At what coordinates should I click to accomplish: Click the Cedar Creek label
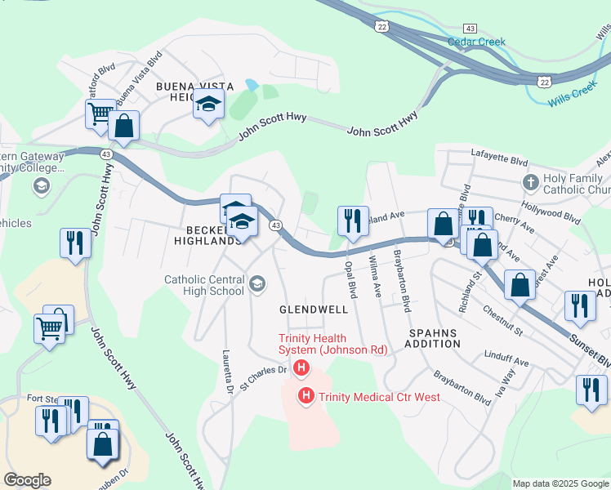[x=476, y=42]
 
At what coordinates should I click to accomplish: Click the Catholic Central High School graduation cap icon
[x=256, y=283]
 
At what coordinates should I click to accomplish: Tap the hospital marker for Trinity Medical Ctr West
[x=306, y=397]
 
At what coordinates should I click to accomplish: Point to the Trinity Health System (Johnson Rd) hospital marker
[x=301, y=368]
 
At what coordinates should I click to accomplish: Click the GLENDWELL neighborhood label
[x=314, y=310]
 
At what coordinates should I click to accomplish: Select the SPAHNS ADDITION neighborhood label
[x=435, y=338]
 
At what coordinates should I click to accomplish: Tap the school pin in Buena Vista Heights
[x=208, y=105]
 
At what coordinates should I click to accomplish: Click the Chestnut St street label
[x=502, y=321]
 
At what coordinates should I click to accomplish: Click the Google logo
[x=27, y=480]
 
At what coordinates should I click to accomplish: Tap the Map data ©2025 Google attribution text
[x=559, y=483]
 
